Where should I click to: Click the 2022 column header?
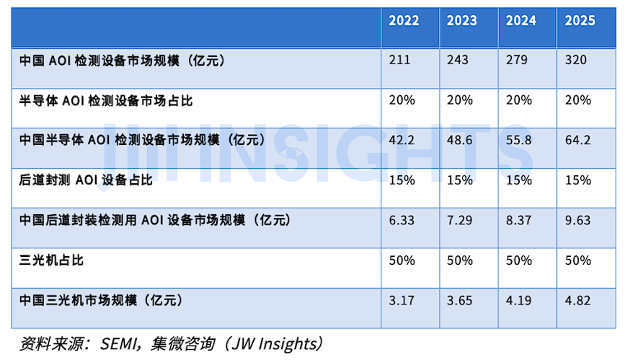point(404,21)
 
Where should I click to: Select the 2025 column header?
point(580,21)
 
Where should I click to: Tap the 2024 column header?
point(521,21)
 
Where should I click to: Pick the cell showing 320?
point(576,61)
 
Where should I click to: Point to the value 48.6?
point(460,140)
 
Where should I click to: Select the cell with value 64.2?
point(579,140)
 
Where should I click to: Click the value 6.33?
point(402,219)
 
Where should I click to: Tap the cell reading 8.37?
point(519,219)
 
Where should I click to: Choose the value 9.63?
point(579,219)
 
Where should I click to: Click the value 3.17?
point(402,299)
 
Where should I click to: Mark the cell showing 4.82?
point(579,299)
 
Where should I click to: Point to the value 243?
point(458,61)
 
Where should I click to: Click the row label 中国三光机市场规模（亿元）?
point(100,299)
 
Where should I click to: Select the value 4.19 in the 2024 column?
point(519,299)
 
